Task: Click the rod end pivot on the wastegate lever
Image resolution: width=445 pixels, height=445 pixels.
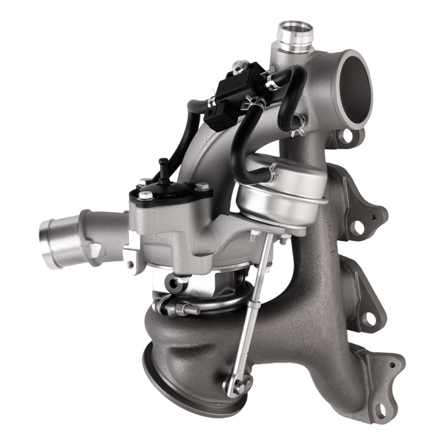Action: pyautogui.click(x=235, y=385)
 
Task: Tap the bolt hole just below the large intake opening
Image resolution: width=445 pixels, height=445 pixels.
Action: pyautogui.click(x=342, y=135)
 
